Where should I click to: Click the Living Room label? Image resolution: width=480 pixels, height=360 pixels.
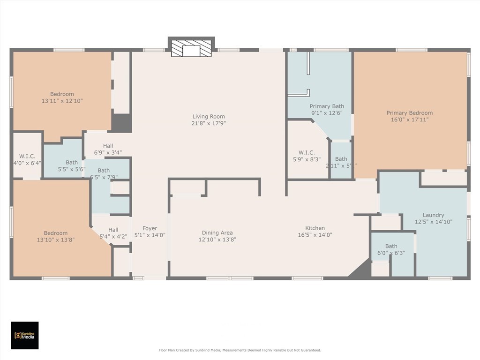(x=209, y=117)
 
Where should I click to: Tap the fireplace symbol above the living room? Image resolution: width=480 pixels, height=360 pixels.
(x=191, y=48)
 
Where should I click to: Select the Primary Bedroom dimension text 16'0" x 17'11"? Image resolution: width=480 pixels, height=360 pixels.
(x=409, y=120)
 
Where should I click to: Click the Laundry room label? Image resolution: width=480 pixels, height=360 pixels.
(x=433, y=215)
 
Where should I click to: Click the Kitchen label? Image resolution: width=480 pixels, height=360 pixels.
(x=315, y=228)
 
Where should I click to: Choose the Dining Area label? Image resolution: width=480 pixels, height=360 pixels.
(x=217, y=233)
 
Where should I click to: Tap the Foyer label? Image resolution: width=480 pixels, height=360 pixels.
(x=150, y=229)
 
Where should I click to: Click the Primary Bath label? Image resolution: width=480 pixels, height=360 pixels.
(x=327, y=106)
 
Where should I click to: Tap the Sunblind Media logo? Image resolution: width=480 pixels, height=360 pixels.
(x=24, y=335)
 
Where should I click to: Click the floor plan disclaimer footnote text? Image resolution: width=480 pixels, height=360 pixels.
(x=240, y=350)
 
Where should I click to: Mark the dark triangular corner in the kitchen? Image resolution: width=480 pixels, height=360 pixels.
(x=362, y=270)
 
